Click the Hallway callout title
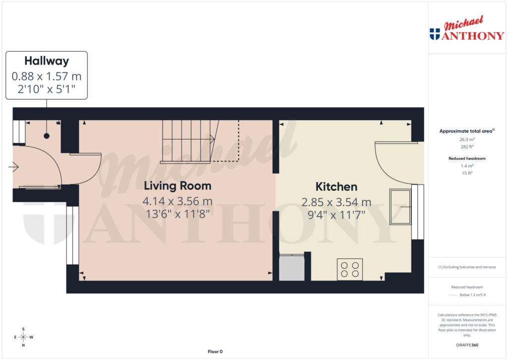pos(47,61)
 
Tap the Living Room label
pos(178,186)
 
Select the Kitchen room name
pos(336,187)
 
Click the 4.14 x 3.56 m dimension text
pos(178,202)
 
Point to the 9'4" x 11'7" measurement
pos(336,215)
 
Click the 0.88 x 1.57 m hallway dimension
pos(47,76)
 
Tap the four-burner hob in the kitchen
pos(350,269)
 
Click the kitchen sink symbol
pos(400,206)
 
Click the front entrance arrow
pos(13,168)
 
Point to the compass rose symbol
pos(23,337)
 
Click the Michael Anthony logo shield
pos(435,34)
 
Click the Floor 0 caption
pos(215,352)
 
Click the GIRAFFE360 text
pos(466,345)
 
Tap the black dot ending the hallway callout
pos(47,136)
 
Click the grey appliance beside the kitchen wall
pos(292,268)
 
